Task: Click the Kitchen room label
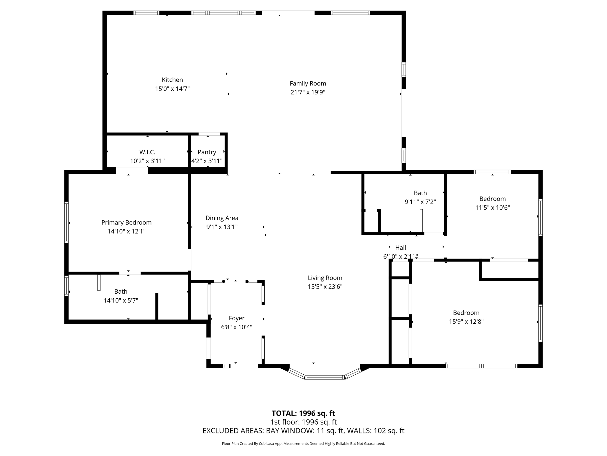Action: [x=172, y=80]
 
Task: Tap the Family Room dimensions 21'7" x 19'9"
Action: [x=308, y=92]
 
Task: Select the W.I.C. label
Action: [x=147, y=152]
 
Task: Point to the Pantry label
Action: [x=207, y=152]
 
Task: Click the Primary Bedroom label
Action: [x=126, y=223]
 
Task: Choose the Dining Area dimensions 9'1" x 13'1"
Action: [x=222, y=227]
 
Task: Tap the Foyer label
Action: [x=237, y=318]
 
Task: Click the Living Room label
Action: [x=325, y=278]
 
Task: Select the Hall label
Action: [x=400, y=248]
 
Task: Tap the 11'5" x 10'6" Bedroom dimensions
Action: [x=492, y=208]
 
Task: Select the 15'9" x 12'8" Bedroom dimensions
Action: [x=466, y=322]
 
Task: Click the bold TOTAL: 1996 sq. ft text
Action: [x=303, y=413]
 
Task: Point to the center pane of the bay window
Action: [x=325, y=377]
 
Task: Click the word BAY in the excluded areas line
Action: [x=272, y=431]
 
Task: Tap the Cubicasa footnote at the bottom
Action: [x=303, y=444]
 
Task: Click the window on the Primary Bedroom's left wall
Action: [x=66, y=222]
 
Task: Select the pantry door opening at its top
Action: [x=209, y=134]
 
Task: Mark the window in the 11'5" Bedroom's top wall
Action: [x=492, y=172]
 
